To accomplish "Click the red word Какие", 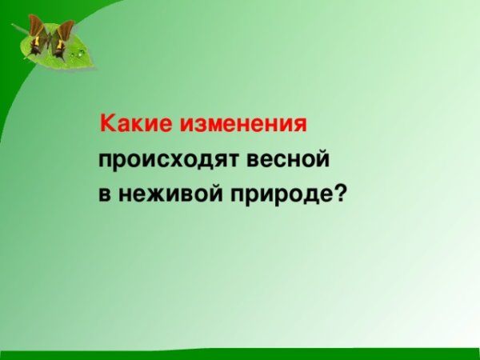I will coord(133,124).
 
